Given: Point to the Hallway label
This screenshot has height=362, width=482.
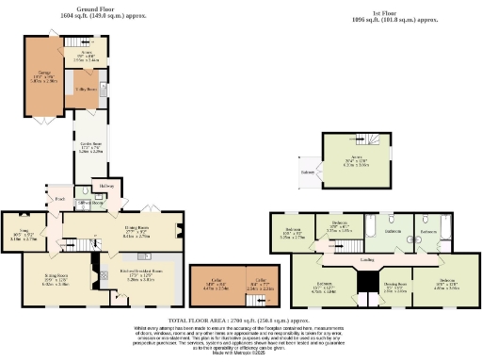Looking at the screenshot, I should [105, 187].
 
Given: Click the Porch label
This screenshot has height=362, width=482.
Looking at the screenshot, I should [59, 199].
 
